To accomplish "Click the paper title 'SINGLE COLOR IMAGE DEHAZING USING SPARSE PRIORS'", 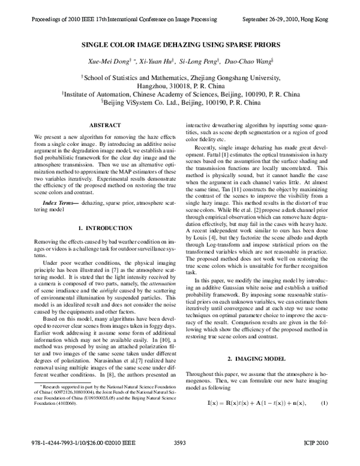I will pyautogui.click(x=179, y=44).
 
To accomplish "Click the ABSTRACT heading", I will pyautogui.click(x=106, y=124).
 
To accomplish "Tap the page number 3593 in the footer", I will pyautogui.click(x=179, y=459).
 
